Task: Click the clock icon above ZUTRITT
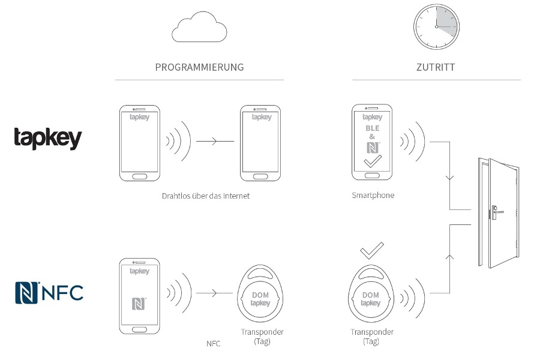pos(436,27)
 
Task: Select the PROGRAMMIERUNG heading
pos(199,67)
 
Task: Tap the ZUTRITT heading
pos(436,67)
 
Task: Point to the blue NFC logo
pos(49,292)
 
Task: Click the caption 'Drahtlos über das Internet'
pos(205,196)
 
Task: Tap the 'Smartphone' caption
pos(373,196)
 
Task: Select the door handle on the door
pos(495,211)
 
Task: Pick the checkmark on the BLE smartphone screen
pos(373,161)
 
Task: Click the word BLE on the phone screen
pos(373,128)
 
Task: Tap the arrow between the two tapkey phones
pos(215,142)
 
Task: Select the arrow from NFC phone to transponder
pos(214,293)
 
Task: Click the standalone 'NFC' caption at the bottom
pos(213,344)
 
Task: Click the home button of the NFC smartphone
pos(139,329)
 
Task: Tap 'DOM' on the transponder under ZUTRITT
pos(371,295)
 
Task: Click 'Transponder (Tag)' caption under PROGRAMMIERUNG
pos(262,337)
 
